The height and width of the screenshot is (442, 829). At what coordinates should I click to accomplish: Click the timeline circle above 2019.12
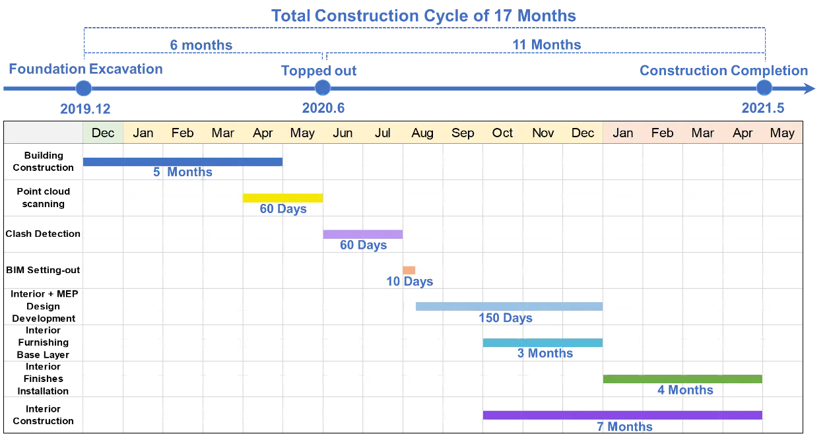coord(83,88)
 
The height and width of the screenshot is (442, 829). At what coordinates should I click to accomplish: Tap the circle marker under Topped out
coord(322,88)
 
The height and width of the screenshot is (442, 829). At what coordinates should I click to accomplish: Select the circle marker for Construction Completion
coord(764,88)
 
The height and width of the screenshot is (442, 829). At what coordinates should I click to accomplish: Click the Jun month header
coord(343,133)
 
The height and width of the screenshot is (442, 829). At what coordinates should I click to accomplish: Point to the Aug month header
coord(422,133)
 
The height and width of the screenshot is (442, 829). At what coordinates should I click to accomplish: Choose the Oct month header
coord(502,133)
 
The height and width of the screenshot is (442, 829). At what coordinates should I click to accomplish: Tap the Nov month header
coord(543,133)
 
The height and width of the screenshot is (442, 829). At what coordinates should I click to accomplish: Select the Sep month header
coord(463,133)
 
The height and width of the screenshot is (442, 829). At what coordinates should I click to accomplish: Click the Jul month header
coord(383,133)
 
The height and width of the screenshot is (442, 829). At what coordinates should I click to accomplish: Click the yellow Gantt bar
coord(282,198)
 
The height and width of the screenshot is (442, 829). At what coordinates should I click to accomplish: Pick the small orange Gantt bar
coord(409,270)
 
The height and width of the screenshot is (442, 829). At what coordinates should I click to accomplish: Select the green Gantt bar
coord(682,379)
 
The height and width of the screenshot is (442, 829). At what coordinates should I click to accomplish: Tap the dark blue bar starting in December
coord(183,162)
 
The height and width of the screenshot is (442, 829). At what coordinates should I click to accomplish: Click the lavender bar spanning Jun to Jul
coord(362,234)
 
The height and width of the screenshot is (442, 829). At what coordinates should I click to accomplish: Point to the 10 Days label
coord(409,282)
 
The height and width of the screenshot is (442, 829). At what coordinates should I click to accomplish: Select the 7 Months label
coord(624,426)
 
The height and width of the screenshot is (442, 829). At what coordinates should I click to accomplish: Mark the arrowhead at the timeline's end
coord(811,88)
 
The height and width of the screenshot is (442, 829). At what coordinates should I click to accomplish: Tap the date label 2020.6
coord(323,109)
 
